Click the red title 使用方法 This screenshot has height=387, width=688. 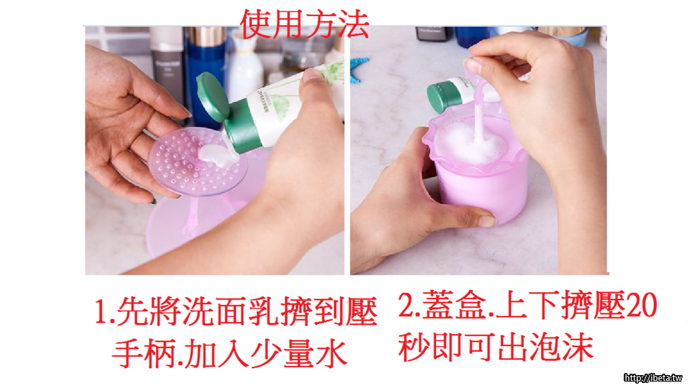click(304, 25)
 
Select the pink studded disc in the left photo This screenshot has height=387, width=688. click(197, 163)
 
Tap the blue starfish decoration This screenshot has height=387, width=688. click(358, 69)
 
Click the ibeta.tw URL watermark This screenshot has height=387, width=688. click(653, 378)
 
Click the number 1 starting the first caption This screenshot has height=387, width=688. click(101, 312)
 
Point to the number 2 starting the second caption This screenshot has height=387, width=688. click(406, 305)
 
